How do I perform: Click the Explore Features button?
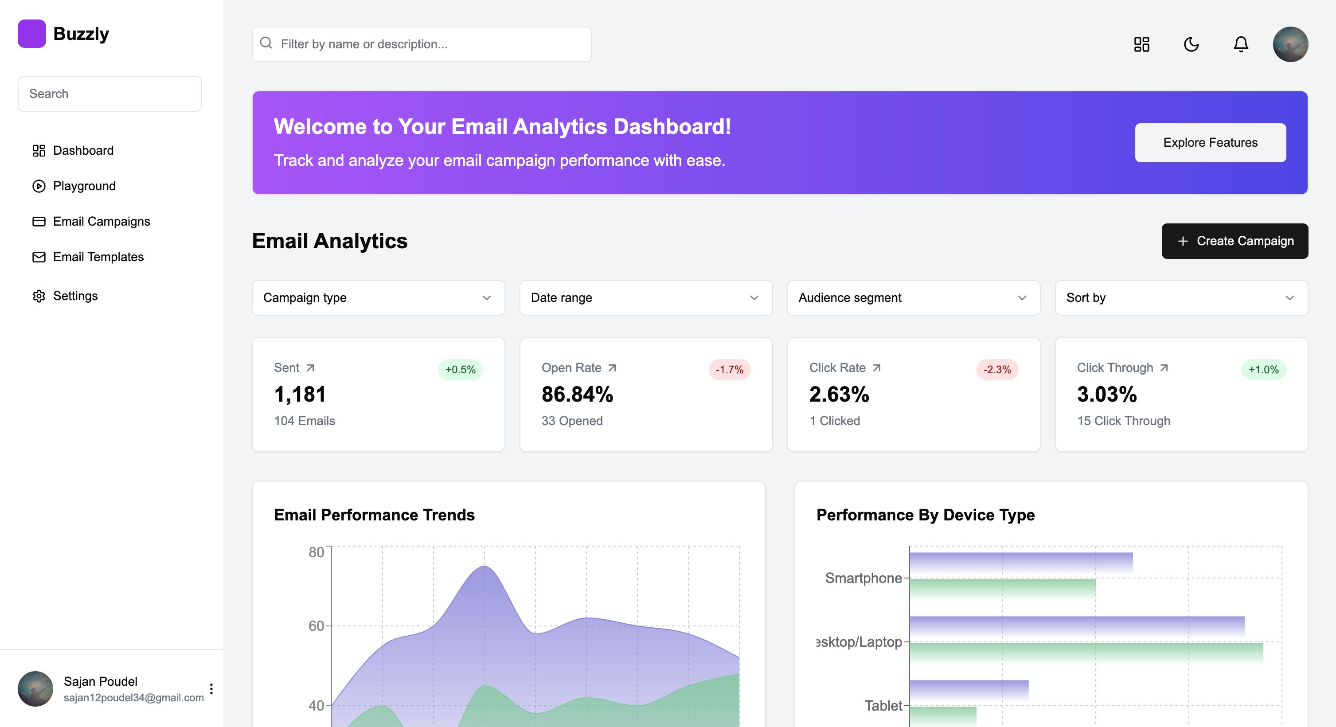[x=1210, y=143]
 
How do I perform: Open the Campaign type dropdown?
[x=378, y=297]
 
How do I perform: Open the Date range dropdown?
[x=646, y=297]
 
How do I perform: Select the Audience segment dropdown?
[x=913, y=297]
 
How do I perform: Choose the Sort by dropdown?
[x=1181, y=297]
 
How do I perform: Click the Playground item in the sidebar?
[x=84, y=186]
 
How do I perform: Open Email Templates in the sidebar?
[x=98, y=257]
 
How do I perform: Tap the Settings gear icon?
[x=39, y=296]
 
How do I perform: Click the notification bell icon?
[x=1241, y=44]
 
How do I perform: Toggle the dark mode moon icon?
[x=1191, y=44]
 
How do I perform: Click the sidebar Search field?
[x=109, y=94]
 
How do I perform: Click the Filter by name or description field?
[x=422, y=44]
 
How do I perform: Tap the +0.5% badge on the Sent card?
[x=460, y=370]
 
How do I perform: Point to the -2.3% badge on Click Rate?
[x=997, y=370]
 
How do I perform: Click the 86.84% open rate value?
[x=577, y=394]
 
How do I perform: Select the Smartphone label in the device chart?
[x=863, y=578]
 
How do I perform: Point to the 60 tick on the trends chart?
[x=316, y=626]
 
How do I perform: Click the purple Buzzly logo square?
[x=31, y=34]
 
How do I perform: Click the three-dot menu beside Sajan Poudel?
[x=211, y=688]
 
